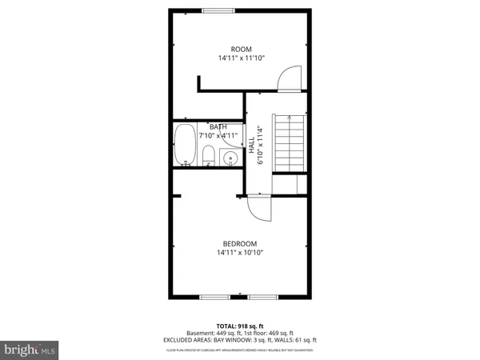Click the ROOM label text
tap(241, 49)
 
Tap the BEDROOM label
tap(240, 243)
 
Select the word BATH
tap(218, 126)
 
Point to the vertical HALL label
tap(251, 146)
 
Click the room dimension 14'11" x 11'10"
tap(241, 58)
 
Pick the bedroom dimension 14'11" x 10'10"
tap(240, 253)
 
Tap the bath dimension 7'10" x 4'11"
tap(218, 134)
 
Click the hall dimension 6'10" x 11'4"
tap(260, 146)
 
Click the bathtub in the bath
tap(185, 145)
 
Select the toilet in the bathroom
tap(207, 155)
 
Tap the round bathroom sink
tap(230, 158)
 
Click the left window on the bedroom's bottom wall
tap(214, 298)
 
